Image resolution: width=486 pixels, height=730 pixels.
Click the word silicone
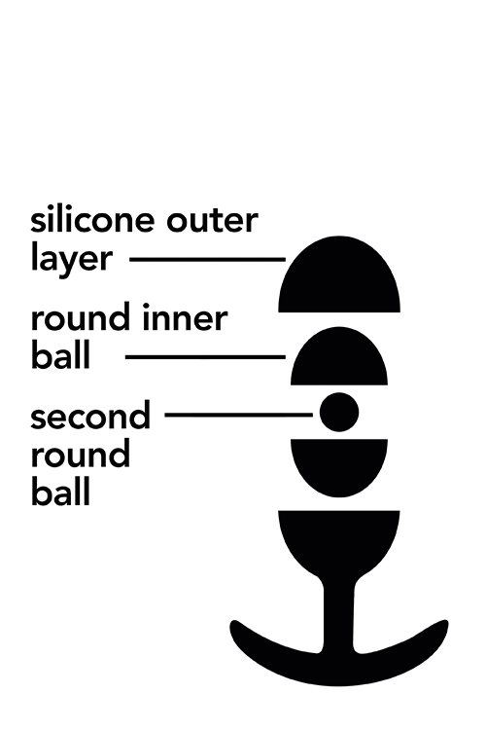(92, 220)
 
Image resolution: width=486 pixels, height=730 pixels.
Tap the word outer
(212, 221)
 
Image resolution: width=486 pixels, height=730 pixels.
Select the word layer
(72, 259)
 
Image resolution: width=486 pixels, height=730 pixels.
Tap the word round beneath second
(81, 454)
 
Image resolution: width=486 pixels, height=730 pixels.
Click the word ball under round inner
(60, 355)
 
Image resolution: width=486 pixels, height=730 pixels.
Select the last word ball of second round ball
(60, 493)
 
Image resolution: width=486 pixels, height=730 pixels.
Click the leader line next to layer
(207, 259)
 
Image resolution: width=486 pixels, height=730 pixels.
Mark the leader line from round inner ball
(205, 357)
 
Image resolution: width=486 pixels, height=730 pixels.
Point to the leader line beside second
(239, 415)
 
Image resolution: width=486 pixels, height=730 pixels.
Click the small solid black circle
(339, 412)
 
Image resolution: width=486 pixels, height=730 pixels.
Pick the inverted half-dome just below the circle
(339, 463)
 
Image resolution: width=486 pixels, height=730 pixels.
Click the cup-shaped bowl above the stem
(339, 540)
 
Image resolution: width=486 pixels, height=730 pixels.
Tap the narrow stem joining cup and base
(338, 614)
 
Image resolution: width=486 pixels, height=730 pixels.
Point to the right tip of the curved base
(444, 624)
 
